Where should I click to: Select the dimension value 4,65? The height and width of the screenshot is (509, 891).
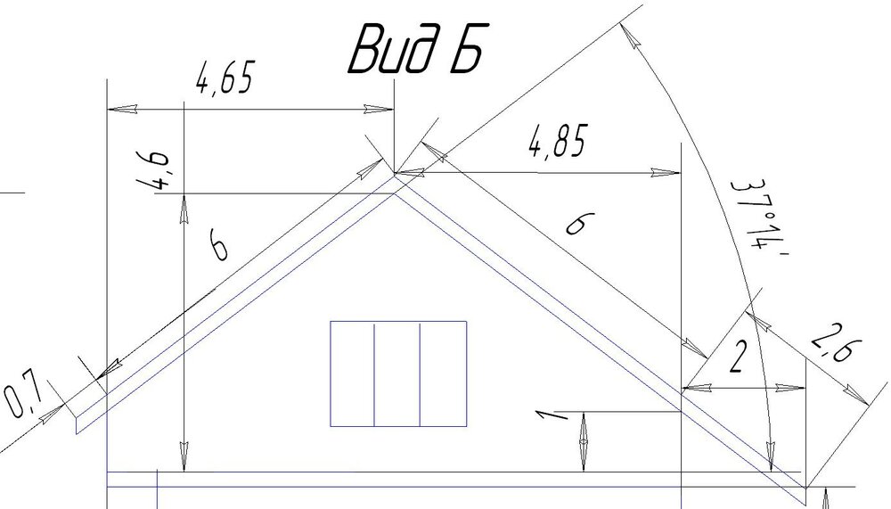tap(224, 77)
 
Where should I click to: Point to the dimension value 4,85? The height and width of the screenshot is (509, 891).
tap(558, 142)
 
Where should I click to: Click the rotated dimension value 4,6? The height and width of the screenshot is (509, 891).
tap(154, 170)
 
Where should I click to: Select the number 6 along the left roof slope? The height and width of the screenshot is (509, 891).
tap(219, 244)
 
